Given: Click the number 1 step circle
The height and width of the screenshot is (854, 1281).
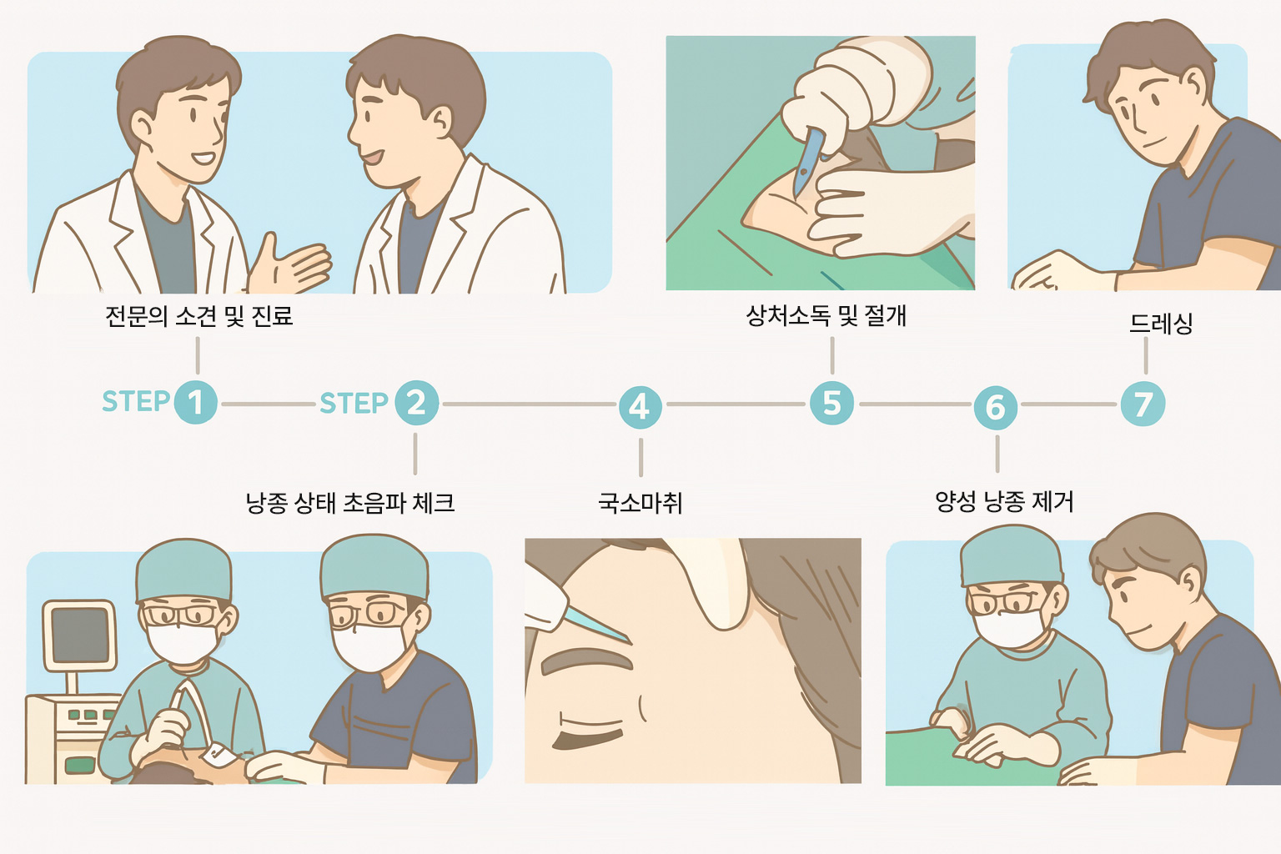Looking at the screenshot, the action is point(196,402).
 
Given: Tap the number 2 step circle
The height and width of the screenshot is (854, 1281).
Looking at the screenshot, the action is point(417,403).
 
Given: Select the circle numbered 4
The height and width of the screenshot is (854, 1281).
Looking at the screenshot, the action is point(640,407).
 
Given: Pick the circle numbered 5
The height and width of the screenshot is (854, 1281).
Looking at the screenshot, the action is point(832,403).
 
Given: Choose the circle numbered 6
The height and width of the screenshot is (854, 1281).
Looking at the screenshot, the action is point(996,407).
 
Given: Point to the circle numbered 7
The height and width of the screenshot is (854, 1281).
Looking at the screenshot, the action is point(1143,404).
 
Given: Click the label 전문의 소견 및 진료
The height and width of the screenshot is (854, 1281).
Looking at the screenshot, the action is point(199,316).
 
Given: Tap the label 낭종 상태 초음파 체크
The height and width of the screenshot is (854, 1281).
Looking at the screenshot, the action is point(350,503).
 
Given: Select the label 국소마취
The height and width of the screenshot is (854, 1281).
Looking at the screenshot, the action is point(640,503).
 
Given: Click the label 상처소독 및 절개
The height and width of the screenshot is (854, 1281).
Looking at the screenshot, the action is point(826,316).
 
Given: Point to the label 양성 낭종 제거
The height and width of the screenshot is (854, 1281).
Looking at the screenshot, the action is point(1004,502).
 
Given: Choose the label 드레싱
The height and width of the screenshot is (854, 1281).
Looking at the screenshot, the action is point(1161,324).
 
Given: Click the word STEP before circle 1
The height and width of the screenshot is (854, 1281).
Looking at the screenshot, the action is point(136,401).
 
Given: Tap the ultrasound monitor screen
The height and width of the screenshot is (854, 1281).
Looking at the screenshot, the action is point(79,635).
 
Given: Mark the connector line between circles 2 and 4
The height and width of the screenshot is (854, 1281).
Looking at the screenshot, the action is point(529,404).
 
